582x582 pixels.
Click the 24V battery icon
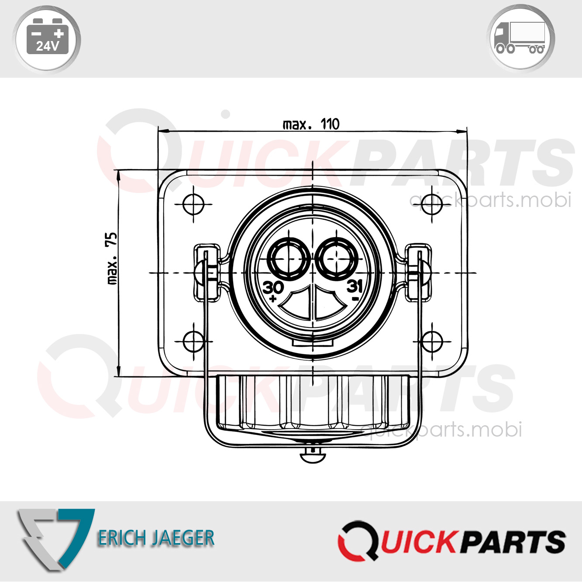(47, 38)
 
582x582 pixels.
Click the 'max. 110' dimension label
(311, 124)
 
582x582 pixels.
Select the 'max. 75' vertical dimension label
(112, 258)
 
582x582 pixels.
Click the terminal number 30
(273, 287)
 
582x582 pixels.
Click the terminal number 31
(355, 286)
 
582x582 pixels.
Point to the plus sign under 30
(273, 299)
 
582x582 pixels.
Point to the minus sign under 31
(355, 299)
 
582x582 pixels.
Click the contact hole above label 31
(336, 258)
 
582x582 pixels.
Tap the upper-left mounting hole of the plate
(193, 204)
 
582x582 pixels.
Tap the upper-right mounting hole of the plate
(432, 204)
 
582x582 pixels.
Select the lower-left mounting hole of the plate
(193, 341)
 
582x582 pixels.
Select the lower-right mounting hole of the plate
(432, 341)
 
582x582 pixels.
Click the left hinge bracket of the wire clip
(207, 273)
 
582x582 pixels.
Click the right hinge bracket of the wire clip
(418, 273)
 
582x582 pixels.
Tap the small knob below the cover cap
(313, 456)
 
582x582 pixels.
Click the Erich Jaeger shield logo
(55, 538)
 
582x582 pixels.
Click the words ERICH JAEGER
(156, 538)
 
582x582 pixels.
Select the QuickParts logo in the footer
(451, 541)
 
